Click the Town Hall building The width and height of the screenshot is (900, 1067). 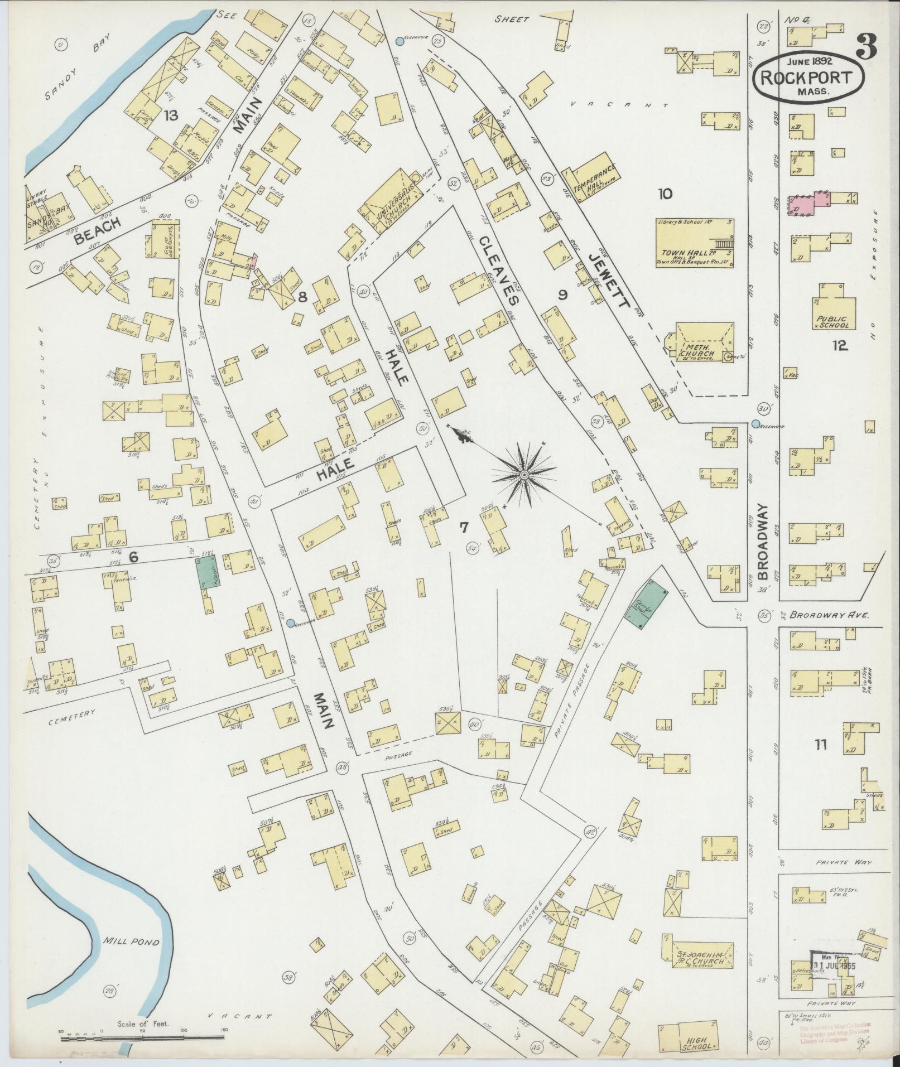point(695,244)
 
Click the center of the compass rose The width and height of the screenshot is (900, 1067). point(524,474)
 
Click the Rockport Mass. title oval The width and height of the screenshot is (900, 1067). point(808,78)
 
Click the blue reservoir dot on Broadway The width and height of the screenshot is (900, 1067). point(755,424)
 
